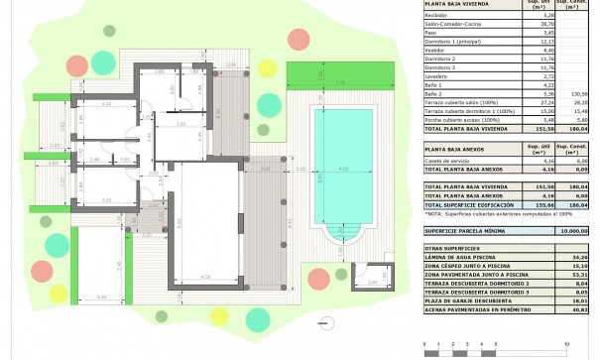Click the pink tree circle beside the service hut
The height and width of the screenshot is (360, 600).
pyautogui.click(x=319, y=278)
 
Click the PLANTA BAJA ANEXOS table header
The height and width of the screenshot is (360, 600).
pyautogui.click(x=461, y=150)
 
